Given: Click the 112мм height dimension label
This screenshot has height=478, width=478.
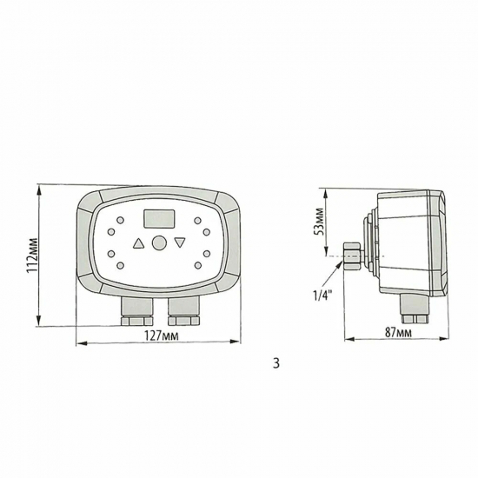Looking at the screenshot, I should (x=31, y=255).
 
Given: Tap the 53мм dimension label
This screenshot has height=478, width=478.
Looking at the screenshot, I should (x=319, y=222).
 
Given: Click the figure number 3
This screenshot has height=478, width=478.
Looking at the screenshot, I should (x=276, y=363).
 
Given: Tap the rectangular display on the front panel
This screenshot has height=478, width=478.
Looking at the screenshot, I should (x=157, y=217).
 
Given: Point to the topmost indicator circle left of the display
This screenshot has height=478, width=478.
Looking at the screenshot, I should (x=119, y=221).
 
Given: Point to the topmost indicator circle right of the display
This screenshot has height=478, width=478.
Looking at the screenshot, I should (x=198, y=221).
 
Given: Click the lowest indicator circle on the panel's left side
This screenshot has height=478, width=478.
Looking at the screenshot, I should (x=119, y=264).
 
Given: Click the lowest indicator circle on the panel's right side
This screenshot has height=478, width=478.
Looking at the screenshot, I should (x=198, y=264).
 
